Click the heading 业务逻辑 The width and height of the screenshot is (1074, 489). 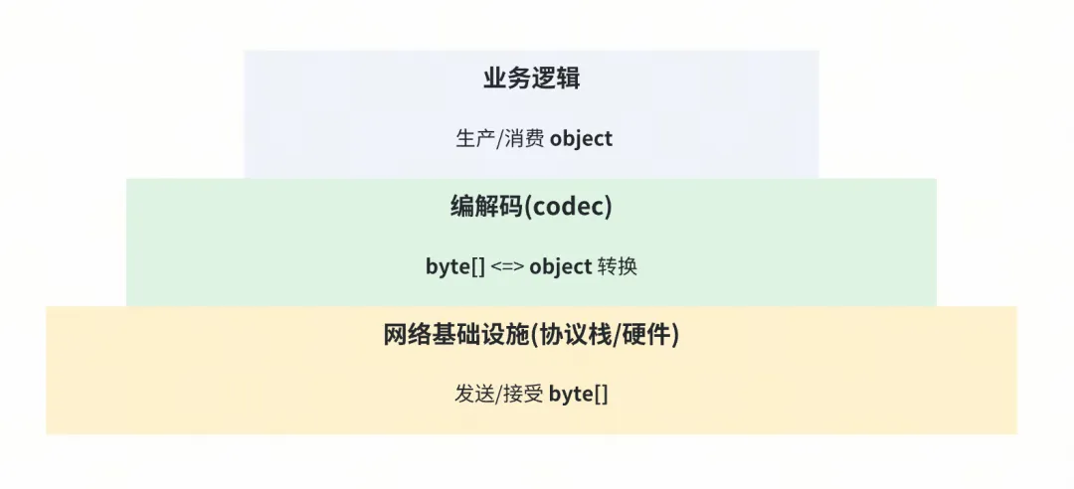coord(531,78)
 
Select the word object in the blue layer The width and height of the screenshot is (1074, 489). coord(581,139)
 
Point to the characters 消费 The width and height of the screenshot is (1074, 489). coord(525,138)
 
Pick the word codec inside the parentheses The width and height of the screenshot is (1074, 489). coord(568,206)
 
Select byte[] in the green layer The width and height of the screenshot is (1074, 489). coord(454,266)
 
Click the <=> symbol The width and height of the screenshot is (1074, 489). coord(507,267)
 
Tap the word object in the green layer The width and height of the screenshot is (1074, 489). coord(560,267)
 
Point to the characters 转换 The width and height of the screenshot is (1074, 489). coord(618,265)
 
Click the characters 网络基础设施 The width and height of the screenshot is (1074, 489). coord(456,334)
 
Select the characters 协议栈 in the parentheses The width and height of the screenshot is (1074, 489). coord(575,334)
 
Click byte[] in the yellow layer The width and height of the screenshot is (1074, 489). coord(578,395)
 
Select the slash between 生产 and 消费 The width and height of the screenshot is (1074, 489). coord(500,139)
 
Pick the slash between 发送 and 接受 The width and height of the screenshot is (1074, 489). coord(499,395)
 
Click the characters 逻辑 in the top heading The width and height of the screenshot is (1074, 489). coord(556,78)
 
